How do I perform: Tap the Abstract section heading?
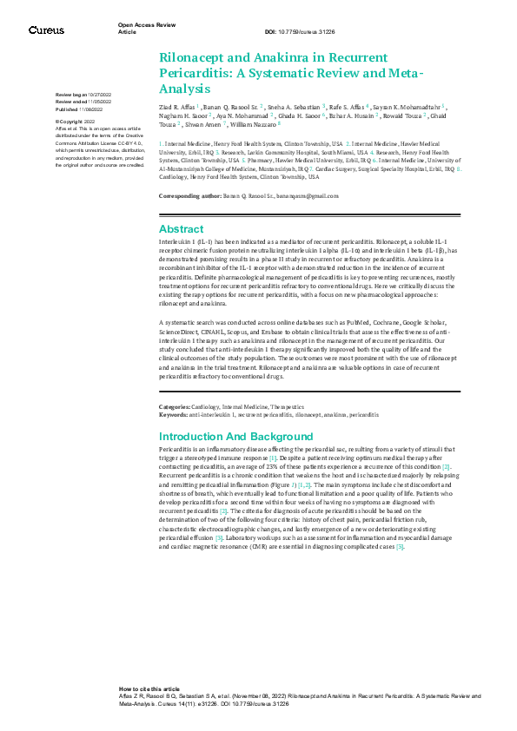tap(181, 228)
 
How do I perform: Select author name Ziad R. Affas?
tap(176, 105)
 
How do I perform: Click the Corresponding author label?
tap(189, 197)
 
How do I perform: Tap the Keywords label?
tap(174, 414)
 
